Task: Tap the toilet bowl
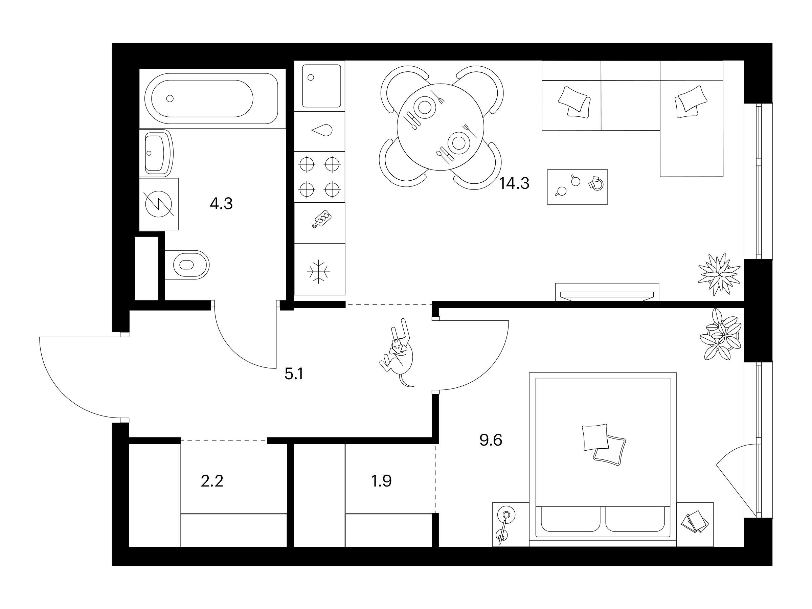click(x=187, y=265)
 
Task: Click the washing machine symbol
click(x=159, y=204)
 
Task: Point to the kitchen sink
click(x=321, y=86)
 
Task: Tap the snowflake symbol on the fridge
click(x=318, y=272)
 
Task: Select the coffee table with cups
click(x=578, y=187)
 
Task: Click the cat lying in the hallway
click(x=397, y=353)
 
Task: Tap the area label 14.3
click(x=514, y=183)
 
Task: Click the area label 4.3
click(x=221, y=203)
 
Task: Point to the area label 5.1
click(x=294, y=375)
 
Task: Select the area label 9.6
click(x=491, y=440)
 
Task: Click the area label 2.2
click(x=212, y=481)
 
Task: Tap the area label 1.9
click(x=382, y=481)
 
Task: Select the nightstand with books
click(x=695, y=524)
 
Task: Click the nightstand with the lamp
click(x=511, y=524)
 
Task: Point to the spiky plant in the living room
click(x=719, y=274)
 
